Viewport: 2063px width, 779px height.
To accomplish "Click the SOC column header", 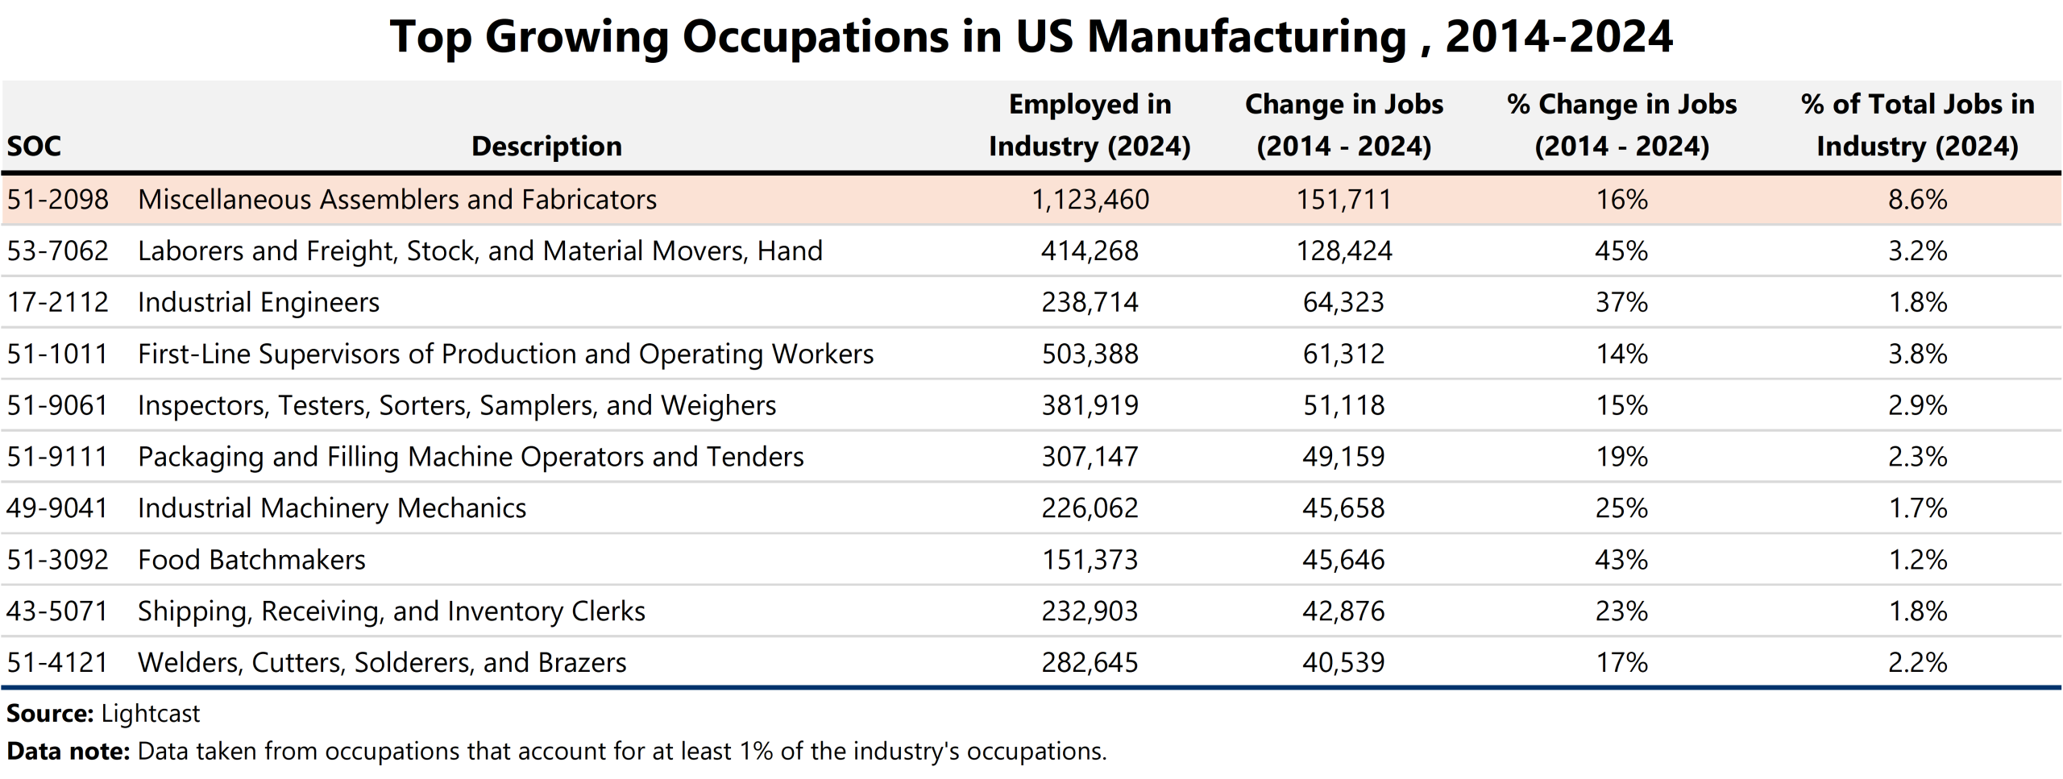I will coord(34,147).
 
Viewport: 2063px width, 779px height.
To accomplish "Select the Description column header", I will coord(546,147).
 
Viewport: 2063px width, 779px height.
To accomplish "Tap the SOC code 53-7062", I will coord(57,251).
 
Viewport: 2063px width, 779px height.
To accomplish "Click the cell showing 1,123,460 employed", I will coord(1090,200).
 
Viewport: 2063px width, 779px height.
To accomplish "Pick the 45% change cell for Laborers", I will coord(1621,251).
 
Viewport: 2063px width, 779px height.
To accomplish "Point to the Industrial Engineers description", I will coord(258,303).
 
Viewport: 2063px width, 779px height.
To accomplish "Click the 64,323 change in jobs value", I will coord(1343,303).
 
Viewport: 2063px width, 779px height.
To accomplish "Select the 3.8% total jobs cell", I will coord(1917,354).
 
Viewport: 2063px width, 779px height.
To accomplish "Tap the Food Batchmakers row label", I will coord(251,560).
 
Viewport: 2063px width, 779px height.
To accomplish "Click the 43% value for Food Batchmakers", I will coord(1621,560).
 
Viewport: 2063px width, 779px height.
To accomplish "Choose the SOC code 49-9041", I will coord(57,508).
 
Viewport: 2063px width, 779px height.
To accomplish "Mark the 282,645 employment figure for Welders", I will coord(1090,663).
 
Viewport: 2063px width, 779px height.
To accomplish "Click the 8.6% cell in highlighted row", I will coord(1917,200).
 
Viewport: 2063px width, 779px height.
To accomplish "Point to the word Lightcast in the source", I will coord(151,714).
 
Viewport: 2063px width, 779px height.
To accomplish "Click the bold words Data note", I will coord(68,752).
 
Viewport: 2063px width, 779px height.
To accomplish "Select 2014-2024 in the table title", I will coord(1559,37).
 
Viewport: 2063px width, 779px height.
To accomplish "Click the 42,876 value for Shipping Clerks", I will coord(1343,611).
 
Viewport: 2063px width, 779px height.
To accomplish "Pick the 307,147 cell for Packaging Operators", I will coord(1090,457).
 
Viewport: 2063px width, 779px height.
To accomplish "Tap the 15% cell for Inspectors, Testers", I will coord(1621,405).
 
